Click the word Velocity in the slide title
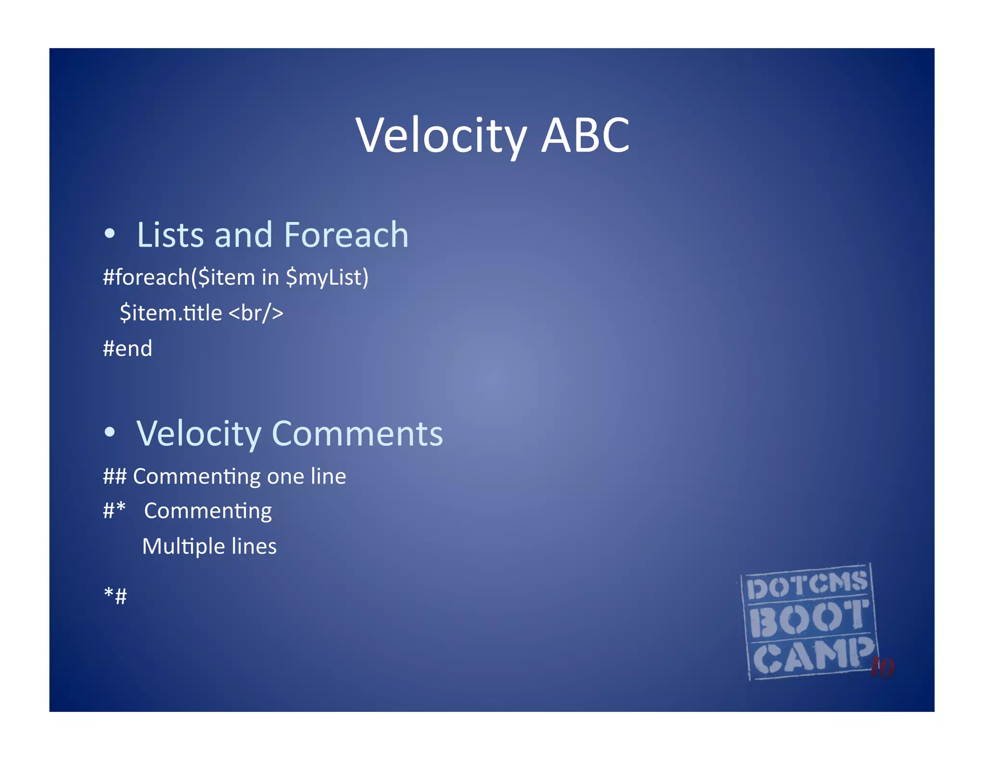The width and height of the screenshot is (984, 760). pos(441,136)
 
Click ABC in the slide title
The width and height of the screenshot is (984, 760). pos(585,136)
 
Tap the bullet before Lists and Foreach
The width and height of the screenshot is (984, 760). pos(110,234)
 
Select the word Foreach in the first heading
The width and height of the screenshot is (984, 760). pos(346,235)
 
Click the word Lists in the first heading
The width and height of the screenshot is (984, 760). pos(171,235)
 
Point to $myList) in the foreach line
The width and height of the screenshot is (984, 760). pos(327,277)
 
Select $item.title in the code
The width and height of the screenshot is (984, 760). pos(171,313)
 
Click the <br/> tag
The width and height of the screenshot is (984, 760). pos(256,313)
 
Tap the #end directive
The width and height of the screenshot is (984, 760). pos(127,348)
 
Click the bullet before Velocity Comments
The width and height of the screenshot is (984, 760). pos(110,432)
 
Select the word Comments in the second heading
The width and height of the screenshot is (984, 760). pos(357,433)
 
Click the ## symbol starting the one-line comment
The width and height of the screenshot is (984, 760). pos(114,477)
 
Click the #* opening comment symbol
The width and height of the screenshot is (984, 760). pos(114,510)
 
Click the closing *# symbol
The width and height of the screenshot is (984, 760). pos(115,596)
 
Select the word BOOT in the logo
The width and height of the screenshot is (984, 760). pos(809,619)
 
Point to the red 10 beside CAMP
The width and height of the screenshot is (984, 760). pos(883,667)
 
